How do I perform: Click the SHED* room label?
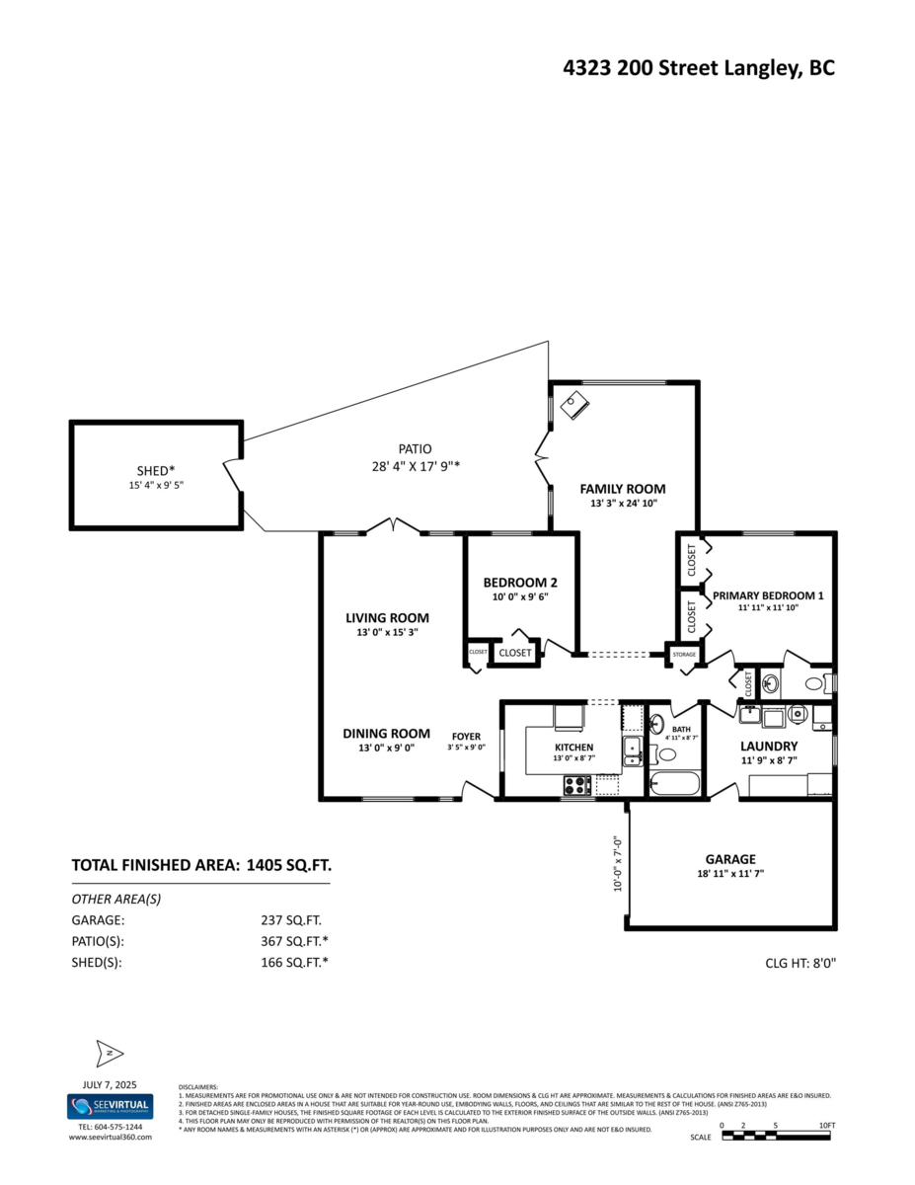(155, 470)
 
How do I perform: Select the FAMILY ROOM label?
(622, 489)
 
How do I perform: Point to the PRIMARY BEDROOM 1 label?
(767, 595)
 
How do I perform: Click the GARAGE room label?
(729, 859)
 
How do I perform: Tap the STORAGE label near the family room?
(684, 655)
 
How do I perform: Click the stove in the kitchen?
(576, 785)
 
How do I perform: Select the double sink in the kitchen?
(633, 751)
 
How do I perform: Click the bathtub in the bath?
(674, 786)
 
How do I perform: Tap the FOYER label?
(466, 737)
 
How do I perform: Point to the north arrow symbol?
(109, 1054)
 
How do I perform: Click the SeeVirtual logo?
(110, 1106)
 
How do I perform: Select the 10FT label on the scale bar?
(827, 1126)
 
